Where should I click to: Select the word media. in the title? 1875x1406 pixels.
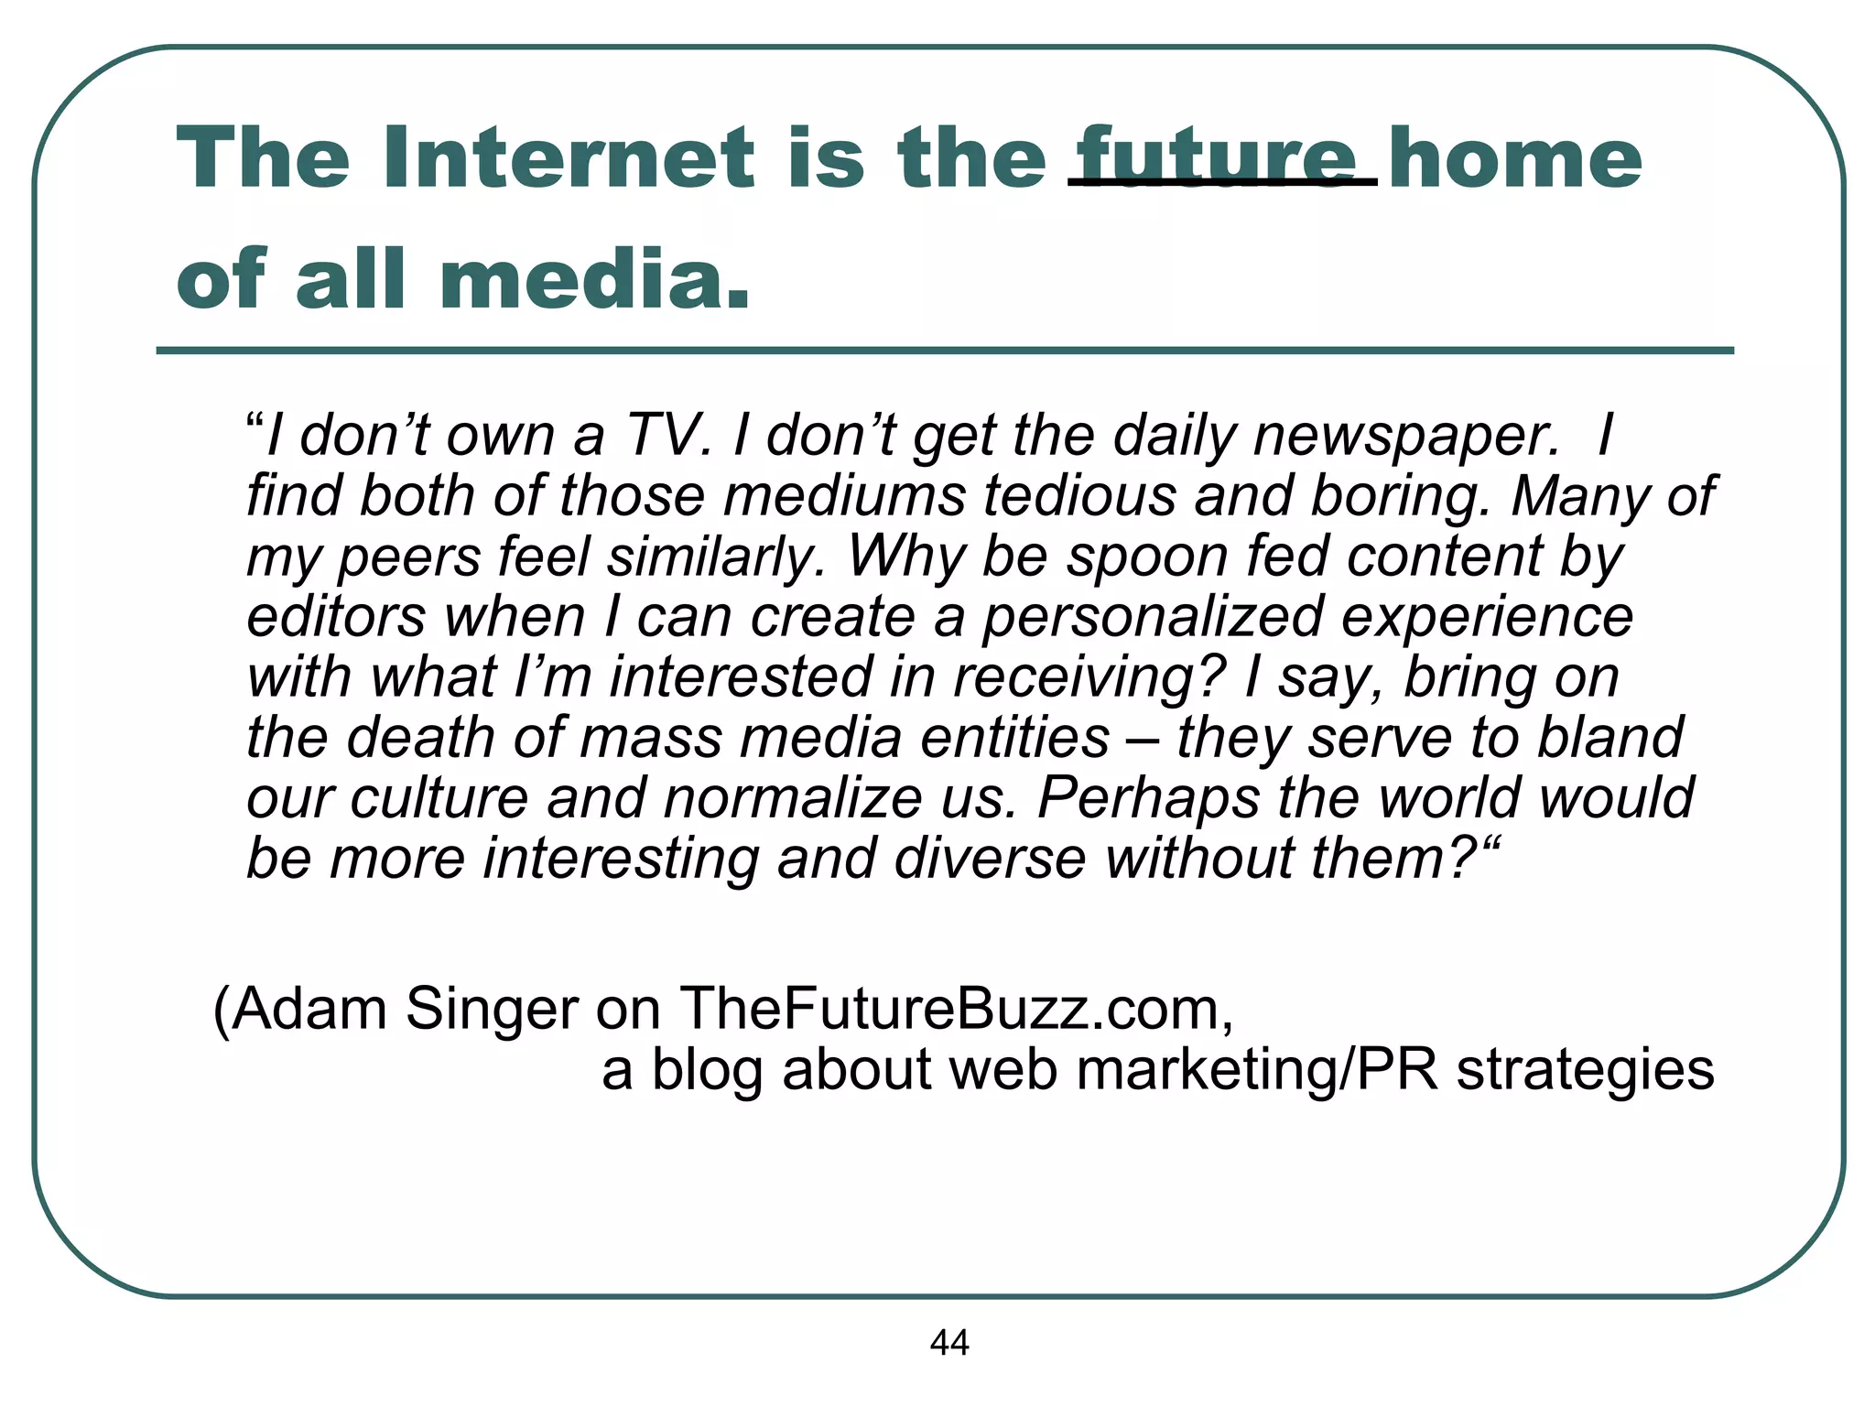(x=595, y=279)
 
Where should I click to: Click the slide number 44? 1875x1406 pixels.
(x=948, y=1343)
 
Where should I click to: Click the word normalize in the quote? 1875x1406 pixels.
(x=793, y=797)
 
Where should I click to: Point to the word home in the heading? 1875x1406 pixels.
(x=1516, y=157)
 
